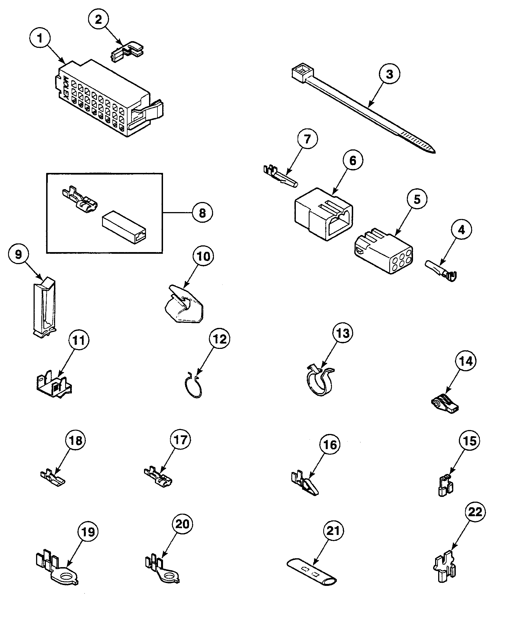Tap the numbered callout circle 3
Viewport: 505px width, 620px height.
pyautogui.click(x=389, y=74)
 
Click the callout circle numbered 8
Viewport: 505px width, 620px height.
pyautogui.click(x=202, y=213)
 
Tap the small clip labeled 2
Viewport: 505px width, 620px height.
pyautogui.click(x=128, y=52)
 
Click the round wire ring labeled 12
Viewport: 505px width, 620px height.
pyautogui.click(x=193, y=387)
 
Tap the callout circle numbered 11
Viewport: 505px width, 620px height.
pyautogui.click(x=79, y=340)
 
